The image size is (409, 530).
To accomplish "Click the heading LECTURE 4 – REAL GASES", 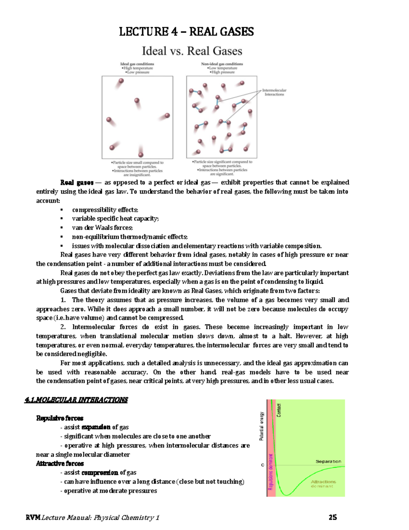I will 186,32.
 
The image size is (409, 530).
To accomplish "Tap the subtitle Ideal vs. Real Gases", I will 192,51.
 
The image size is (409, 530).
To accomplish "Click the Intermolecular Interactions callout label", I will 274,92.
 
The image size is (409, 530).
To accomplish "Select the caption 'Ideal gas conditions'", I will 137,64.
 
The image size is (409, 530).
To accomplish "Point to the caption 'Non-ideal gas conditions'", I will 222,64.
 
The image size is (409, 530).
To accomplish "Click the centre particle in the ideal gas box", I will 137,101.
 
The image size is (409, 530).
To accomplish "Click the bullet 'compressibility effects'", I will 105,210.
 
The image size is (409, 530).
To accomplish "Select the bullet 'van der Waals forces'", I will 102,228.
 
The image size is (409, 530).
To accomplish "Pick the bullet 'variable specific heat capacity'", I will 115,219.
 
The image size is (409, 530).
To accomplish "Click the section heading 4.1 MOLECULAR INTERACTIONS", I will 76,400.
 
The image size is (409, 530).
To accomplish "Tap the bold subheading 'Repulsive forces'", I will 60,418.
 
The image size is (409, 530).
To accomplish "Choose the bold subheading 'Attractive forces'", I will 60,463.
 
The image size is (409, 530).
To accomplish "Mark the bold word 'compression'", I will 100,473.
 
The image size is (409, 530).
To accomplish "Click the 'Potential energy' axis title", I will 262,426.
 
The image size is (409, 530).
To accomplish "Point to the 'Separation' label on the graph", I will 328,461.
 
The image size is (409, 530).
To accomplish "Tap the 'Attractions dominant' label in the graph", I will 323,484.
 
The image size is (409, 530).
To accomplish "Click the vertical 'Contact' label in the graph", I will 279,410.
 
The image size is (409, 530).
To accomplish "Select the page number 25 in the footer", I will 333,517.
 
